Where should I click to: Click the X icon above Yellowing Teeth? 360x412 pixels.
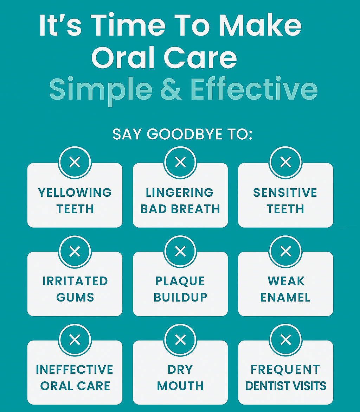point(75,162)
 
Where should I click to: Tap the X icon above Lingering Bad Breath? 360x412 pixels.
point(180,162)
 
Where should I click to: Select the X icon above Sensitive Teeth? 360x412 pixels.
point(286,162)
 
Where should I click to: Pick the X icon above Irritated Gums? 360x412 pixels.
point(75,252)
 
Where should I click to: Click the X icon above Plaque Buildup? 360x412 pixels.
point(180,252)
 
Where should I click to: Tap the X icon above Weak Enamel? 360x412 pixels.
point(286,252)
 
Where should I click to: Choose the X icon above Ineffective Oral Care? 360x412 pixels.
point(75,340)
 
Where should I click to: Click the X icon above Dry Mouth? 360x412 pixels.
point(180,340)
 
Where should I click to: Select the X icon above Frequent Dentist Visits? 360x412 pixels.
point(286,340)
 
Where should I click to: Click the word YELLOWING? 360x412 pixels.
point(75,192)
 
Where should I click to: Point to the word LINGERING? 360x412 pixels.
point(180,192)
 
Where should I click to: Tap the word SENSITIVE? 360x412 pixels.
point(285,192)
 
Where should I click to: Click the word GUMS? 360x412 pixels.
point(75,297)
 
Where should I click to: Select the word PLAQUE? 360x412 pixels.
point(180,281)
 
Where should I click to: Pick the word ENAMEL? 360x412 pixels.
point(285,297)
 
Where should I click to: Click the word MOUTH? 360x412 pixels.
point(180,386)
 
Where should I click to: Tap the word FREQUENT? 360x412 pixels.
point(285,369)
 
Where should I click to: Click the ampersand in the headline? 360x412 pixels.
point(171,89)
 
